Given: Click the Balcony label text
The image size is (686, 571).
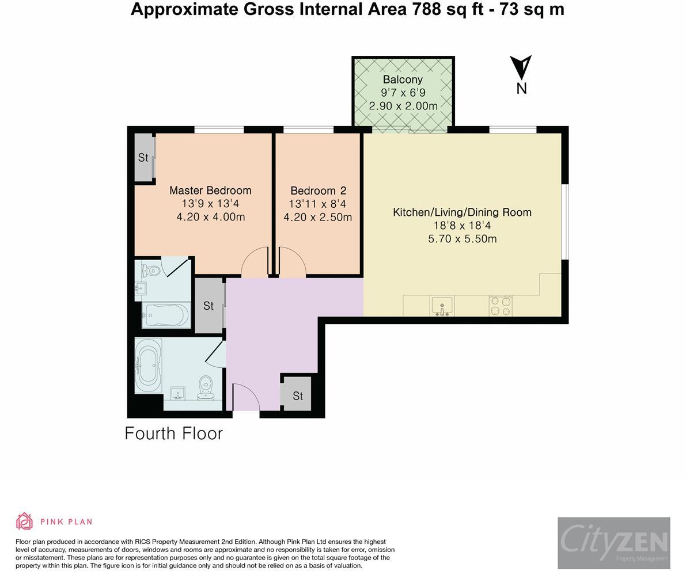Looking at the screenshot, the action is pos(403,79).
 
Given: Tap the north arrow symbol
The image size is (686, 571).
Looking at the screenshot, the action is pos(521,67).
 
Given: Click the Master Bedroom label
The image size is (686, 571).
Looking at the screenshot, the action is pos(210,191).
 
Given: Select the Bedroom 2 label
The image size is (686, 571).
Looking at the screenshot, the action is pos(318,191).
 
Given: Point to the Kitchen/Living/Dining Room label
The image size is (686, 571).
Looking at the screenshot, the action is pos(463,212).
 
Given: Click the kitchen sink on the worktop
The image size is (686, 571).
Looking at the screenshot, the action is pos(442,305).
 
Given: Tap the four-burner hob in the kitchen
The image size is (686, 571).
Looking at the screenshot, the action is pos(501,306).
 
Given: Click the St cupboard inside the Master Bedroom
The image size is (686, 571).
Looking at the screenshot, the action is pos(143,157).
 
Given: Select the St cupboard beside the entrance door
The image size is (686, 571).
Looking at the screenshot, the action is pos(298,395).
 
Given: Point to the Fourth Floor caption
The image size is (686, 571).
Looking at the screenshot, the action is pos(174,433).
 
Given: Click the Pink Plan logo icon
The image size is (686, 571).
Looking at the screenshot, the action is pos(25,521).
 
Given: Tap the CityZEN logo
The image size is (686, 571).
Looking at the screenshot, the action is pos(614,543).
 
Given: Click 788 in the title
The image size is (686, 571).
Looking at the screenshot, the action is pos(426,9).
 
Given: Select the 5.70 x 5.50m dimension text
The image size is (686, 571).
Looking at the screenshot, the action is pos(463,239).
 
